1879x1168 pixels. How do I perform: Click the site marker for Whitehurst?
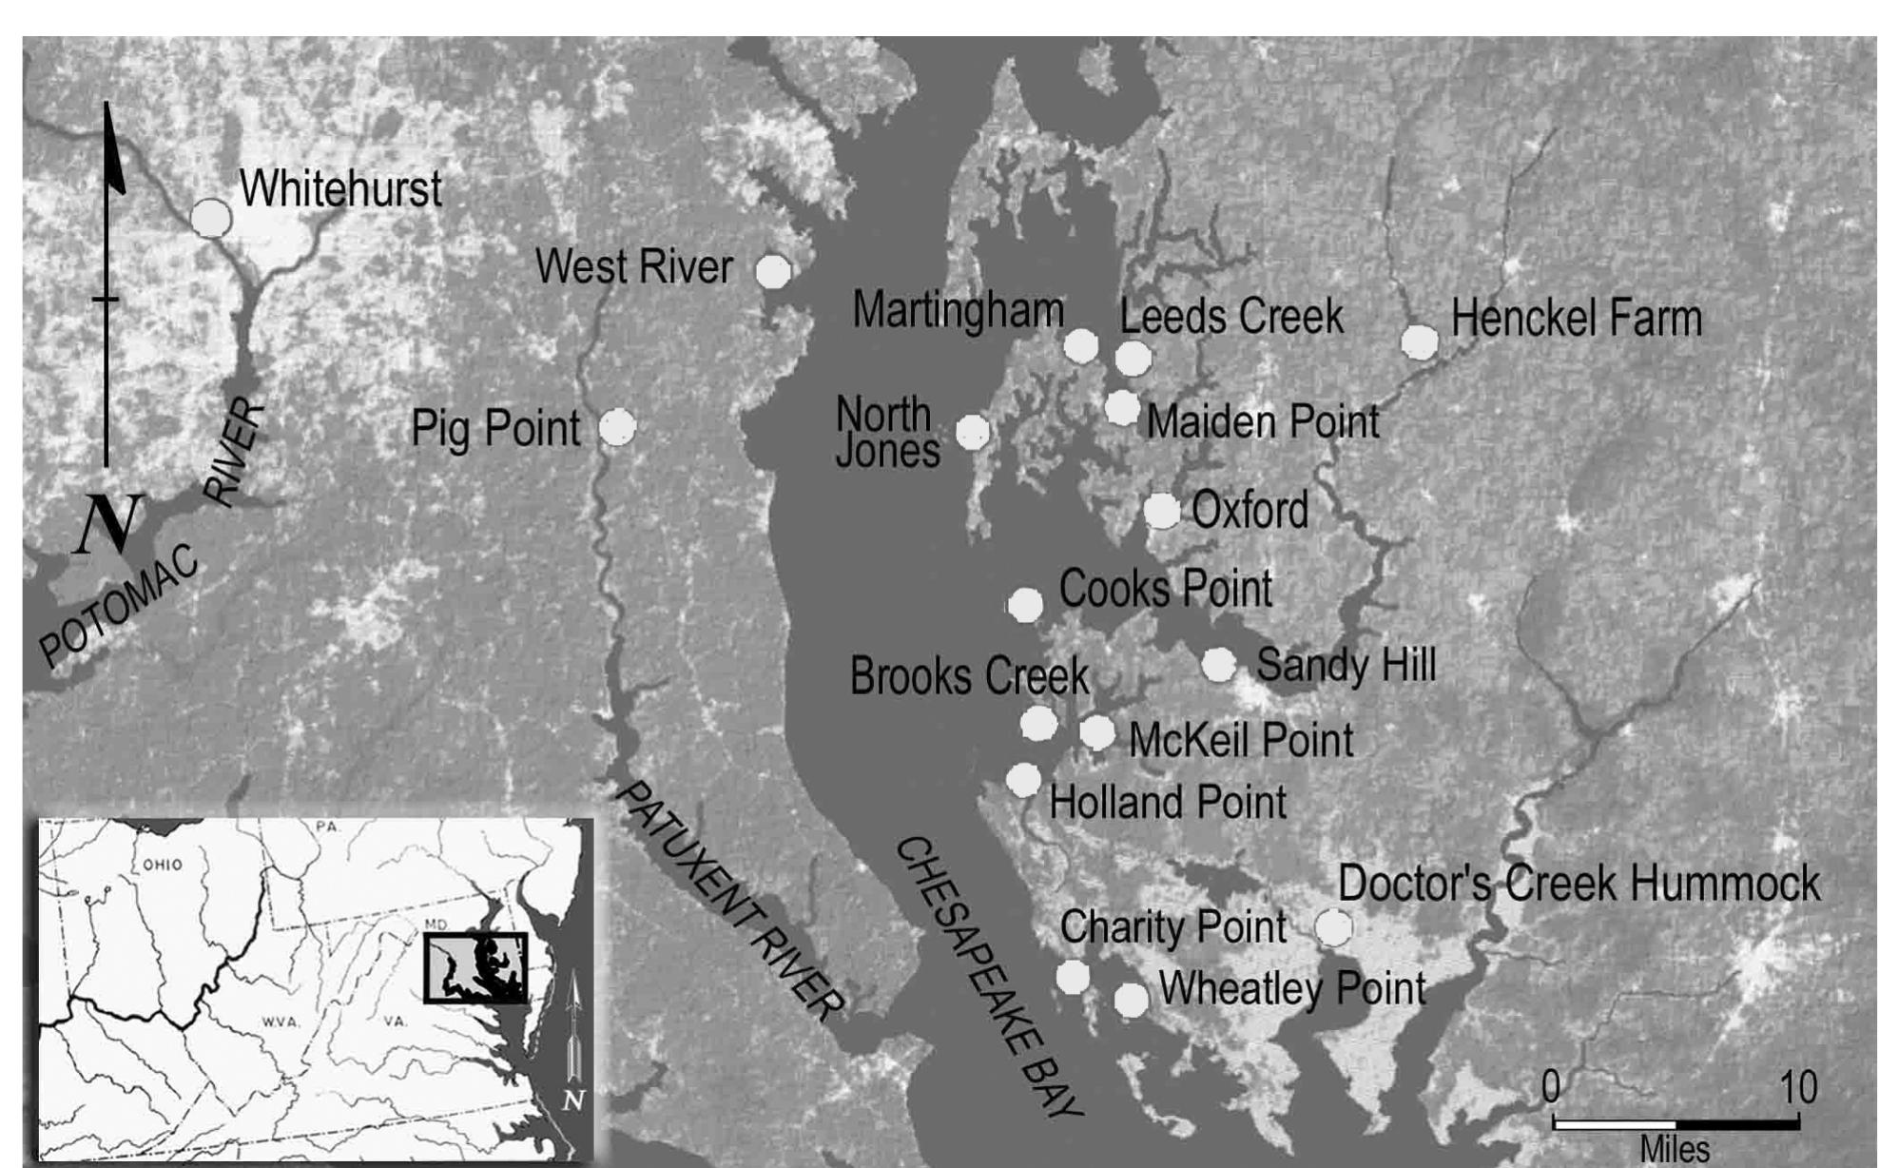pos(211,218)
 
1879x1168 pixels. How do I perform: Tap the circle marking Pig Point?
pos(617,427)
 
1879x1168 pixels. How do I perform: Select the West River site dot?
pos(773,271)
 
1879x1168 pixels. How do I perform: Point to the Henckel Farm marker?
pos(1420,342)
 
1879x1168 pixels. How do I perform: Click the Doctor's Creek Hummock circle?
pos(1333,925)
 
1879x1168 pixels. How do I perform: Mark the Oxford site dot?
pos(1161,511)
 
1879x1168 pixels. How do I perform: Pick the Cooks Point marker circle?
pos(1025,604)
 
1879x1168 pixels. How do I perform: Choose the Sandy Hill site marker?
pos(1219,665)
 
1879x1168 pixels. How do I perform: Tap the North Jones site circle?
pos(972,432)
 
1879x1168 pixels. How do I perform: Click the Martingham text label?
pos(958,311)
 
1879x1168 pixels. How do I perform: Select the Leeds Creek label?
pos(1231,317)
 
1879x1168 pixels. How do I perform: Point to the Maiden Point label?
pos(1263,421)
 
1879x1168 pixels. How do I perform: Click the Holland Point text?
pos(1168,802)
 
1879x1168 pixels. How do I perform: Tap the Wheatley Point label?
pos(1292,989)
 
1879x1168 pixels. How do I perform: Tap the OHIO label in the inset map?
pos(162,865)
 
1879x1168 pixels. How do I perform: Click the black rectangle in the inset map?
pos(475,968)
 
